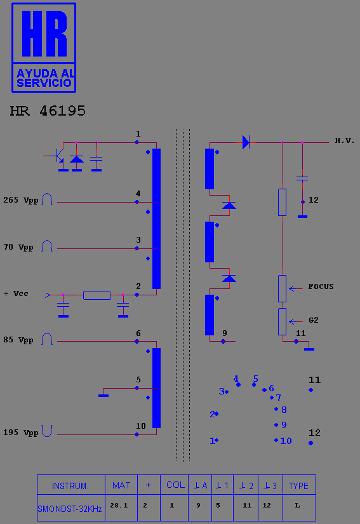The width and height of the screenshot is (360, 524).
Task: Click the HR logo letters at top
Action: click(44, 34)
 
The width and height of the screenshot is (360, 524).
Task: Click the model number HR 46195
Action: click(48, 111)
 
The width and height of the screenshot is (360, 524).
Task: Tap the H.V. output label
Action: click(345, 140)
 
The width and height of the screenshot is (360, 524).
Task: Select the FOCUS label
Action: click(321, 286)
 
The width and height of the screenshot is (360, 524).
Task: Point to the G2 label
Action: click(314, 320)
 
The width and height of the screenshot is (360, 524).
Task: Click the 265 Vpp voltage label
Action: click(21, 201)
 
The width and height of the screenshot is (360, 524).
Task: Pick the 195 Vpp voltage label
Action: click(21, 433)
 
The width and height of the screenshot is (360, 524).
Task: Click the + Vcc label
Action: click(16, 293)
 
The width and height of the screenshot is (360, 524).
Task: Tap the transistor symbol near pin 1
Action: click(57, 156)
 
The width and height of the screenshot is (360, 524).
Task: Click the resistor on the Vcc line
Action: click(97, 295)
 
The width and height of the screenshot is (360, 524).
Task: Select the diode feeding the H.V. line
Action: click(246, 142)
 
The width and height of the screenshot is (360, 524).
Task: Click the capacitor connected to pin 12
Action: click(302, 179)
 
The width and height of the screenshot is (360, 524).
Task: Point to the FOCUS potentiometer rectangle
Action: click(282, 289)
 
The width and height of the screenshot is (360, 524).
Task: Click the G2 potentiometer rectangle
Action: click(282, 322)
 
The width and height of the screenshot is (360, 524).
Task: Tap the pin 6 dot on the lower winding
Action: click(137, 341)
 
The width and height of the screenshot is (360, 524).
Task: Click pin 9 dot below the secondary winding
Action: click(223, 341)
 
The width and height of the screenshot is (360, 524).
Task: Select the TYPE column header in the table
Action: click(298, 485)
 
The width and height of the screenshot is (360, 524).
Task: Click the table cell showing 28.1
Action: click(119, 506)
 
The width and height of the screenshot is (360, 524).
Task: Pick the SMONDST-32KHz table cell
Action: click(70, 509)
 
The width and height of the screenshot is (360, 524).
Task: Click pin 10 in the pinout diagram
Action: click(283, 440)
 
